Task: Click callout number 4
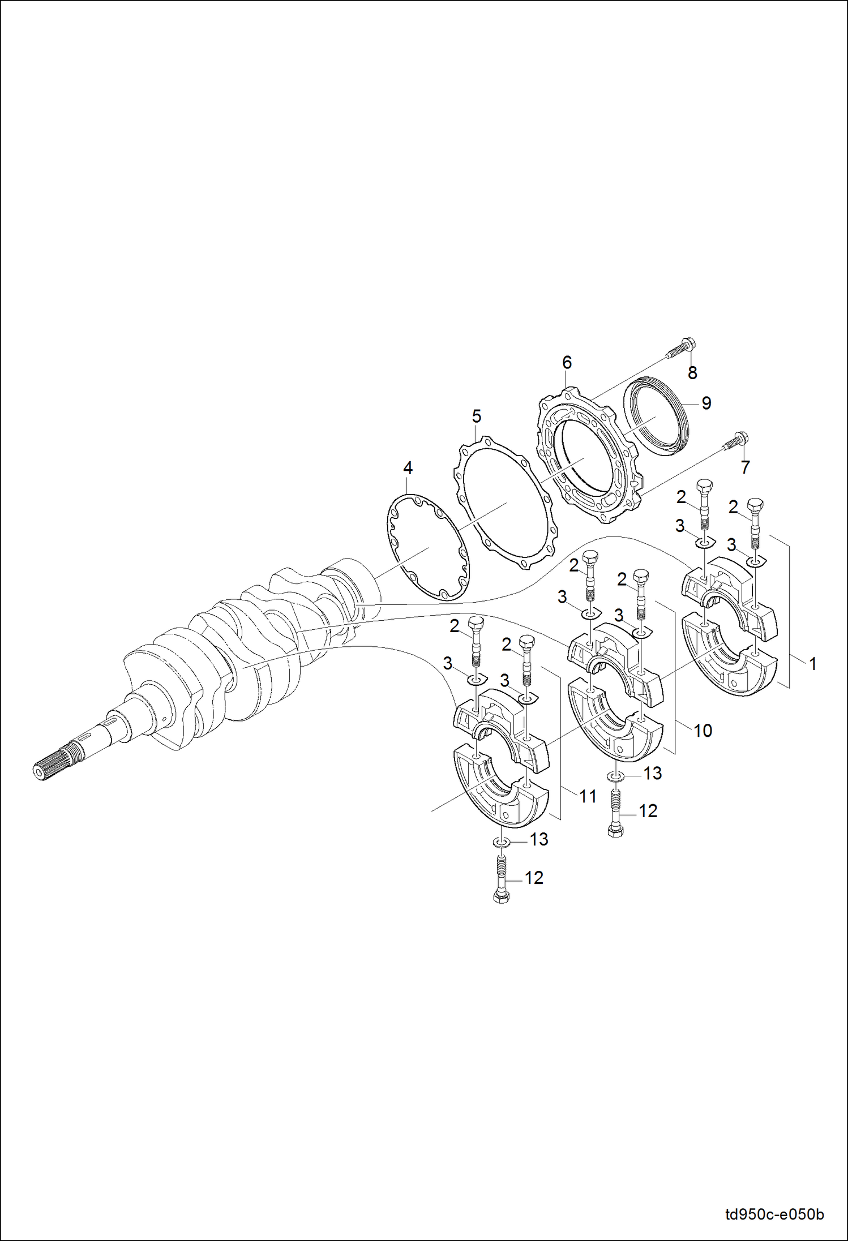[408, 468]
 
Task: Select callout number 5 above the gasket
[476, 416]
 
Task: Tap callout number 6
[567, 362]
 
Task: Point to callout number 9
[706, 403]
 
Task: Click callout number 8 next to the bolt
[692, 373]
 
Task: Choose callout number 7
[745, 467]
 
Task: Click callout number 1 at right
[812, 664]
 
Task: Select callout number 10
[703, 731]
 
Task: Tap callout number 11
[588, 797]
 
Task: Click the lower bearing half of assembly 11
[498, 792]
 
